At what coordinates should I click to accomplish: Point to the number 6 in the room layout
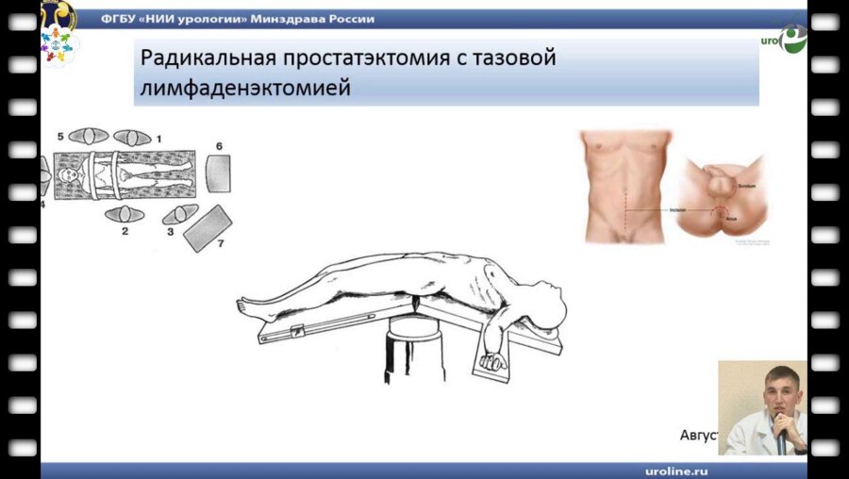[219, 146]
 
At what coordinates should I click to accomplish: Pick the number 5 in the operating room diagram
[60, 137]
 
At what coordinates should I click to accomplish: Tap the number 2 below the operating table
[125, 231]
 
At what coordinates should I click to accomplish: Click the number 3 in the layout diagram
[170, 231]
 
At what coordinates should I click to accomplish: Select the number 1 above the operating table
[158, 138]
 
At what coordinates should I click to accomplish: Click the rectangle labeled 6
[217, 174]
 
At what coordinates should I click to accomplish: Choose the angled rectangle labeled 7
[208, 227]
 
